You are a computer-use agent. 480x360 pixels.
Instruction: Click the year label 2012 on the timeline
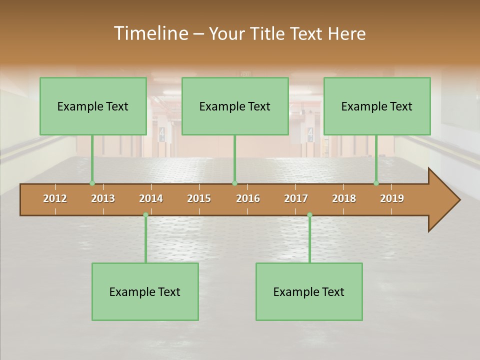55,198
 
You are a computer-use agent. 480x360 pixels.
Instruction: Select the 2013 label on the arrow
103,198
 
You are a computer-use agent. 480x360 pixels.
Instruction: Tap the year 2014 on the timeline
151,198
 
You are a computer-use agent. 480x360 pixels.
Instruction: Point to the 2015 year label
199,198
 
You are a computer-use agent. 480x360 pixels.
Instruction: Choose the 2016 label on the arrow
248,198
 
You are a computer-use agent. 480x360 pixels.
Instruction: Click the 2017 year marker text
296,198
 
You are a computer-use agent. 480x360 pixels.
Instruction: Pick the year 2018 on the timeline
344,198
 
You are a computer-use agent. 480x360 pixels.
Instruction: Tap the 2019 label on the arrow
392,198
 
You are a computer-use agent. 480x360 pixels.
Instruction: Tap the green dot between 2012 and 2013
92,183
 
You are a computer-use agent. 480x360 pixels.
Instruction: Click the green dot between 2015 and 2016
234,183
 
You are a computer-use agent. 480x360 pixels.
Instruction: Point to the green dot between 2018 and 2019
376,183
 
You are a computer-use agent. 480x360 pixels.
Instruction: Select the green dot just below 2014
145,215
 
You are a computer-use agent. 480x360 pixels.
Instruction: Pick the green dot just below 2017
309,215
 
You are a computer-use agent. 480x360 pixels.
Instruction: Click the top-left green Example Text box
93,106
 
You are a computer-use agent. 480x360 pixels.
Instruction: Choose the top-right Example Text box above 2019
377,106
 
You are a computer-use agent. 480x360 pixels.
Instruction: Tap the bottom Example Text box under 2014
145,291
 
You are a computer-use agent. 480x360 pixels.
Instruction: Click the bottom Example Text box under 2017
309,291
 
